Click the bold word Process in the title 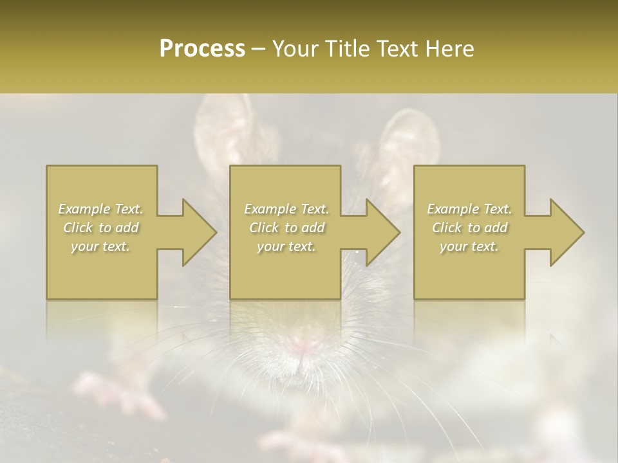tap(202, 49)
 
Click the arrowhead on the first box tap(196, 232)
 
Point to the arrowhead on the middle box tap(380, 232)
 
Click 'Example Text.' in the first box tap(100, 209)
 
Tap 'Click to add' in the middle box tap(286, 228)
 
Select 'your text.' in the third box tap(469, 246)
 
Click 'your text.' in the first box tap(100, 246)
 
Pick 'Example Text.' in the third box tap(469, 209)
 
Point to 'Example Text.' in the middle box tap(286, 209)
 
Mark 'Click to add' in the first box tap(100, 228)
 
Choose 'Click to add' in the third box tap(469, 228)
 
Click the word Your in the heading tap(295, 49)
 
